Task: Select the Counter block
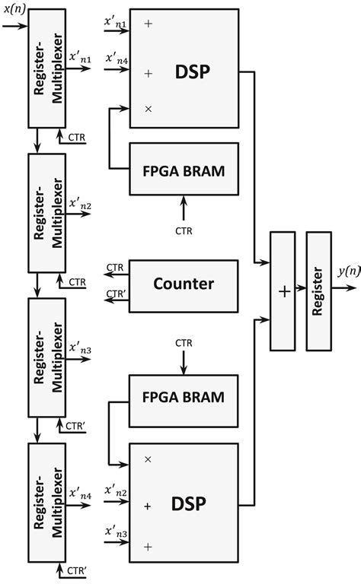184,284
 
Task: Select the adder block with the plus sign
283,292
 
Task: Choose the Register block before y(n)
318,292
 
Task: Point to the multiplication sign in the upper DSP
148,109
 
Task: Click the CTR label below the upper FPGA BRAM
183,228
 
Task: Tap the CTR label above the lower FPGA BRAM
183,344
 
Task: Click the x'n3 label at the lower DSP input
116,532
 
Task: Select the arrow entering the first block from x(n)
15,24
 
